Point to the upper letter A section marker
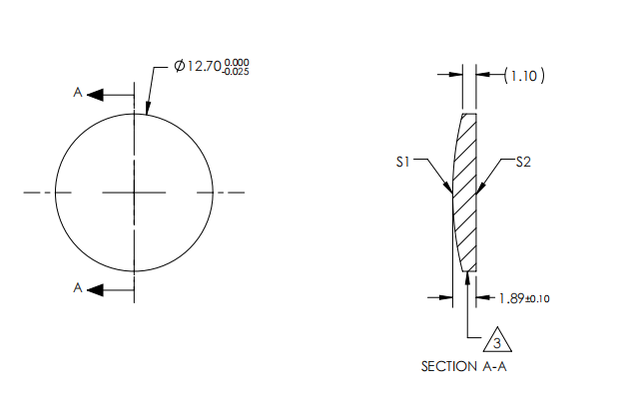pyautogui.click(x=78, y=93)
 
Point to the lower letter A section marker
pyautogui.click(x=78, y=288)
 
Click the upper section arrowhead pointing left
pyautogui.click(x=96, y=95)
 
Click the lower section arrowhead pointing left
pyautogui.click(x=96, y=290)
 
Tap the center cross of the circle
pyautogui.click(x=134, y=192)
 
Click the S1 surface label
pyautogui.click(x=402, y=160)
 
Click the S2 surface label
pyautogui.click(x=523, y=160)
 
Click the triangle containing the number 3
pyautogui.click(x=496, y=342)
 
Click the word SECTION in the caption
pyautogui.click(x=448, y=367)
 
